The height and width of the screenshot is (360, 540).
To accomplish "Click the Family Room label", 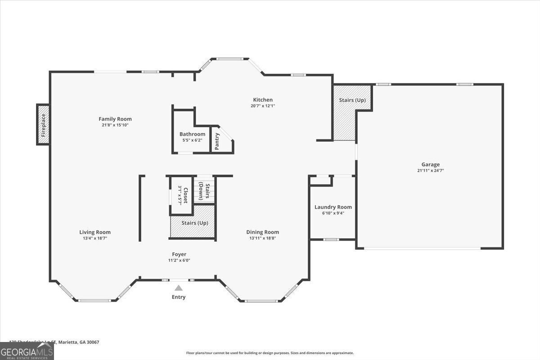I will pos(115,119).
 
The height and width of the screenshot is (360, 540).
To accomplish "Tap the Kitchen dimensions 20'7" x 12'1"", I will pos(263,106).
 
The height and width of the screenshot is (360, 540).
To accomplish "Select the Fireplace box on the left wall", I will pos(43,125).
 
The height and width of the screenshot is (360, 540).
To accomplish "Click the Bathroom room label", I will pos(192,134).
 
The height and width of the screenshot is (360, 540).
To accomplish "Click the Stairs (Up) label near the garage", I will pos(352,100).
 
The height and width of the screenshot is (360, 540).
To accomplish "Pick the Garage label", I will pos(430,164).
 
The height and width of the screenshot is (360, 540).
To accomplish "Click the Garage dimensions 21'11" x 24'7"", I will pos(430,171).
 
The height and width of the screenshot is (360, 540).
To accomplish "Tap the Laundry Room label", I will pos(333,207).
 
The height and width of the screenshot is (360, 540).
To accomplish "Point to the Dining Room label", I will pos(262,232).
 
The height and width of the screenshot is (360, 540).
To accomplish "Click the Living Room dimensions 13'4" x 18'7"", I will pos(95,238).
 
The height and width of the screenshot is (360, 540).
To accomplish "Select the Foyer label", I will pos(179,254).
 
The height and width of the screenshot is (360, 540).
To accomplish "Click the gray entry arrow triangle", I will pos(179,288).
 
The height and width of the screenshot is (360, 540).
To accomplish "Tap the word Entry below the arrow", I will pos(179,297).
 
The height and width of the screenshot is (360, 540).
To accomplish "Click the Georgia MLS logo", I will pos(27,351).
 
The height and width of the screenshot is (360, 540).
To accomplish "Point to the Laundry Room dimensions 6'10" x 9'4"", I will pos(333,213).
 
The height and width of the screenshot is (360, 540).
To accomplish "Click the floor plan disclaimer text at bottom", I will pos(270,353).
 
